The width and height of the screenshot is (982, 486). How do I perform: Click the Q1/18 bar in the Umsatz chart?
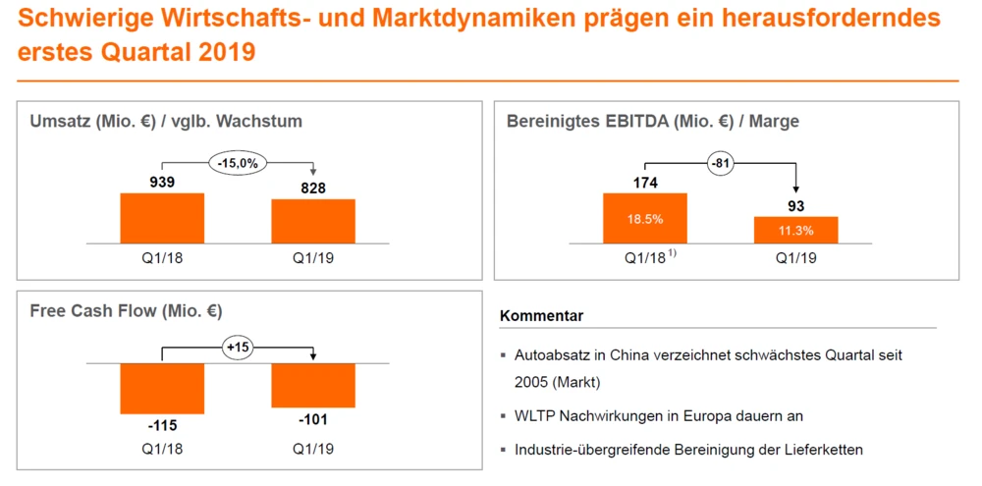162,218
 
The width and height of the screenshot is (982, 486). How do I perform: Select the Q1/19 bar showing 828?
313,221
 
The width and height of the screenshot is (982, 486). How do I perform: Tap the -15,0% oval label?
238,163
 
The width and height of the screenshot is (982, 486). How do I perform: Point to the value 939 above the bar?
162,182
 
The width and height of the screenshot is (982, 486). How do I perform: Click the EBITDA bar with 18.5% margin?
645,218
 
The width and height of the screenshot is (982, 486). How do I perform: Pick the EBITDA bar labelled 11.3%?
796,230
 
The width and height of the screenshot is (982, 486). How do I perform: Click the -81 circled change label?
720,163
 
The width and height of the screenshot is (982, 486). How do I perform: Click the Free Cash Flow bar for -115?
162,388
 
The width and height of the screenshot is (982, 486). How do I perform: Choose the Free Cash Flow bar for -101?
313,385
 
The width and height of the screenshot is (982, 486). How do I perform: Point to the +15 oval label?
238,348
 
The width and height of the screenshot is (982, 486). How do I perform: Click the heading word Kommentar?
542,316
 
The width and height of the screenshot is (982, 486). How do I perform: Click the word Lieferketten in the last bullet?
828,450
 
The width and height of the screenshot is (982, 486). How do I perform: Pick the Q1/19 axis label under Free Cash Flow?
313,449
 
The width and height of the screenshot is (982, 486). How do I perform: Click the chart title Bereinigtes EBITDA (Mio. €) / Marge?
653,121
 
